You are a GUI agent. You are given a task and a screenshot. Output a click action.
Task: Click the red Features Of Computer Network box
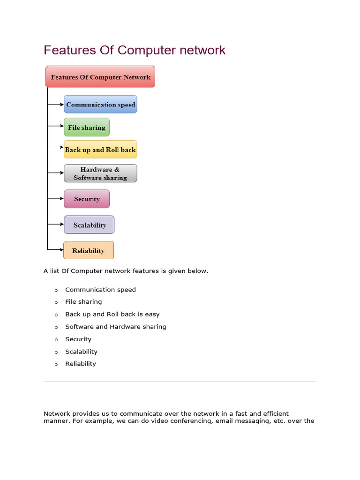tap(100, 77)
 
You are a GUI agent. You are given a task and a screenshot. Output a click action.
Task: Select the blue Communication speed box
tap(100, 105)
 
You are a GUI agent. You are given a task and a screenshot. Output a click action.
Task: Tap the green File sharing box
tap(87, 127)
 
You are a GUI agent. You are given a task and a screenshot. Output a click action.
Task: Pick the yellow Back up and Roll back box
tap(100, 150)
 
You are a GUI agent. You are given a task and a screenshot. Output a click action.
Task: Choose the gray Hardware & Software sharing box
tap(100, 173)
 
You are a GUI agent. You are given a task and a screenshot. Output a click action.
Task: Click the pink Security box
tap(87, 199)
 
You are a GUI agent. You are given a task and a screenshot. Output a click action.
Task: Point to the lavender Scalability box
tap(89, 225)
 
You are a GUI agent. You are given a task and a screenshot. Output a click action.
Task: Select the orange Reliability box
tap(88, 250)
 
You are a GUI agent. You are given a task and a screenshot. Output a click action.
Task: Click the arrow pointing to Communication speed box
tap(56, 105)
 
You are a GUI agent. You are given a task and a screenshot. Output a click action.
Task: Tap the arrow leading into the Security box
tap(56, 199)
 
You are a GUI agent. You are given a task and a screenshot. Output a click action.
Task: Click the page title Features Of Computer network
tap(135, 50)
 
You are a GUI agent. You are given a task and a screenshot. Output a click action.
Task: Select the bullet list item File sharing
tap(83, 302)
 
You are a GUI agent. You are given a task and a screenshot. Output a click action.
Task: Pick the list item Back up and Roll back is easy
tap(112, 314)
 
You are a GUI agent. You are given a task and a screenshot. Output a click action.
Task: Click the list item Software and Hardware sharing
tap(116, 327)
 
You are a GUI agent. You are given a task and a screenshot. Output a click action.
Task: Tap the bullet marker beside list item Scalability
tap(56, 352)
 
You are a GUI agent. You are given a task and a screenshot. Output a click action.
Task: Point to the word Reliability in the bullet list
tap(81, 364)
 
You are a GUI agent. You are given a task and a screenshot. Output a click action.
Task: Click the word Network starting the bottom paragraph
tap(57, 413)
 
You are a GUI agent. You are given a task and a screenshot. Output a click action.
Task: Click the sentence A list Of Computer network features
tap(126, 271)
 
